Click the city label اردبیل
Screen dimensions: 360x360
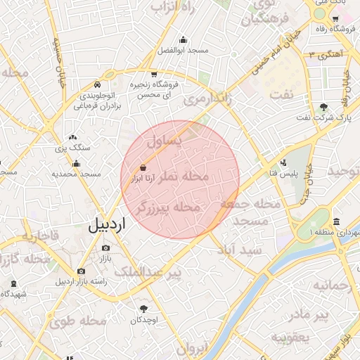click(x=106, y=225)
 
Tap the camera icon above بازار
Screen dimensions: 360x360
click(x=106, y=247)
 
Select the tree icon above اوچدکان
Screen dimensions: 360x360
click(x=144, y=309)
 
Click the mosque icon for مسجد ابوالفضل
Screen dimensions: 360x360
click(x=184, y=39)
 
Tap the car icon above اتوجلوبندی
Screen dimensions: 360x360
click(x=96, y=84)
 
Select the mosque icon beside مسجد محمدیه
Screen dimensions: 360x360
click(x=72, y=162)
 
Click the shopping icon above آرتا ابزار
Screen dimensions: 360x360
click(x=143, y=168)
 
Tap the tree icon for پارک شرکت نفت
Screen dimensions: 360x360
click(x=323, y=107)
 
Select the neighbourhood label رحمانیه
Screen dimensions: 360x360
click(x=330, y=286)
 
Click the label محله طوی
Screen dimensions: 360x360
click(x=78, y=322)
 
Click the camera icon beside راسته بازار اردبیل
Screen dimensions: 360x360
click(x=81, y=271)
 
